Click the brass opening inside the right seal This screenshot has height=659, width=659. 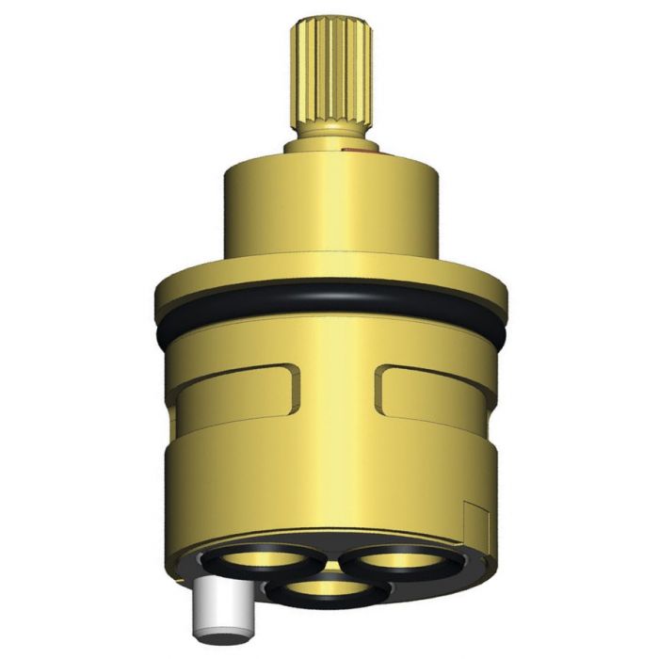[x=400, y=562]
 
